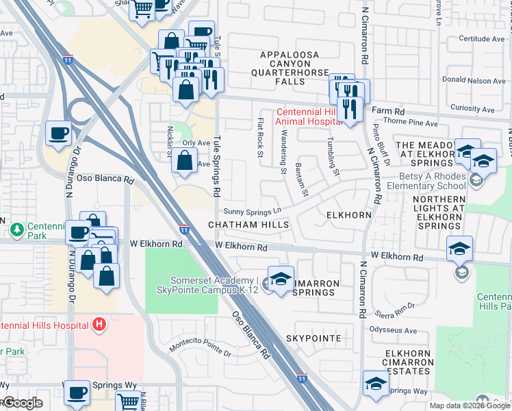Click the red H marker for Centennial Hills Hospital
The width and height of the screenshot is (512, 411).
(x=99, y=324)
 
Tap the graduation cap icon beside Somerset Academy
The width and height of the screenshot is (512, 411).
(x=280, y=279)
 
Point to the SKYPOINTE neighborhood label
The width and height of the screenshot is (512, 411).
(x=313, y=339)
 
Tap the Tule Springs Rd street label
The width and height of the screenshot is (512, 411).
(x=218, y=162)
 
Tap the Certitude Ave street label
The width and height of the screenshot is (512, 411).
(x=481, y=39)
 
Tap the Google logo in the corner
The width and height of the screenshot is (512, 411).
(x=23, y=403)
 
